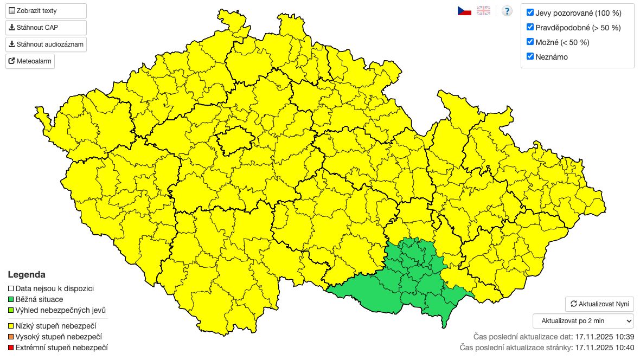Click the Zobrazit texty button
point(46,11)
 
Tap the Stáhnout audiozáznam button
point(46,44)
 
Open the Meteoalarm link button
point(30,61)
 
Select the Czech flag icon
point(464,11)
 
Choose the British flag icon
point(483,11)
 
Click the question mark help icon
point(507,11)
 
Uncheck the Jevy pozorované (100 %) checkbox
point(530,12)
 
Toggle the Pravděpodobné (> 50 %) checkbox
point(530,27)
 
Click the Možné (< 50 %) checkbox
point(530,42)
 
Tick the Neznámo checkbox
point(530,56)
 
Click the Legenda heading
point(27,275)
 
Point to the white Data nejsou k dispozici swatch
point(11,289)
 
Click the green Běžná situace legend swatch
point(11,299)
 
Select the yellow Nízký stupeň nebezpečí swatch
point(11,326)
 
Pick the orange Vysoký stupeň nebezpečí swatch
point(11,337)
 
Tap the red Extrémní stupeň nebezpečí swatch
point(11,348)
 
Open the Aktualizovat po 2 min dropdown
point(583,321)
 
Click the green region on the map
point(412,277)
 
